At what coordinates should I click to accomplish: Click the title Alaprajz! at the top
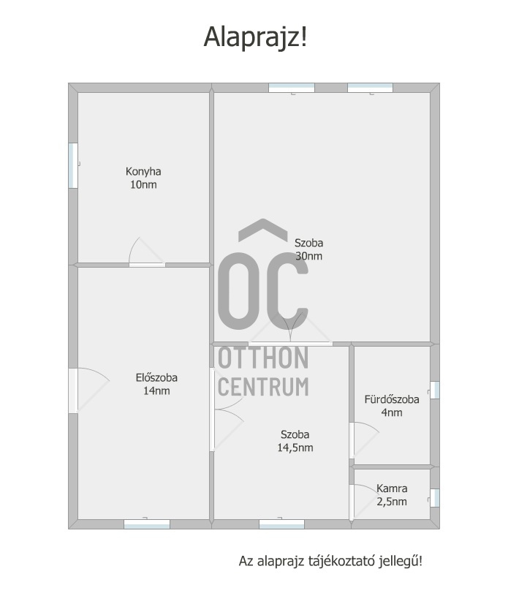[x=255, y=37]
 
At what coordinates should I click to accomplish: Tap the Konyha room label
[x=143, y=172]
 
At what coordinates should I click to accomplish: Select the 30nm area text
[x=308, y=257]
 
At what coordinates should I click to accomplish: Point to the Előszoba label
[x=156, y=378]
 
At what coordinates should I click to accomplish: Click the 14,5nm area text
[x=295, y=448]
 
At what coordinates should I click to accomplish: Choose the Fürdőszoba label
[x=392, y=399]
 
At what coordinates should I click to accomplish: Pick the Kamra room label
[x=392, y=488]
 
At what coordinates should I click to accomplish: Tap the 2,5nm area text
[x=392, y=502]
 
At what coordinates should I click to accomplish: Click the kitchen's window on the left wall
[x=73, y=165]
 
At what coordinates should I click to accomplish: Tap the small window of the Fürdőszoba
[x=434, y=390]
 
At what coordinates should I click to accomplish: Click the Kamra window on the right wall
[x=434, y=498]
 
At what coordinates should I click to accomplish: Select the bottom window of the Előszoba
[x=147, y=524]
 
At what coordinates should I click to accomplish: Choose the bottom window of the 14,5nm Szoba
[x=281, y=524]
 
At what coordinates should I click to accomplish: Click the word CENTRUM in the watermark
[x=263, y=386]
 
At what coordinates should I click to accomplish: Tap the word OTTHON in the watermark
[x=263, y=358]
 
